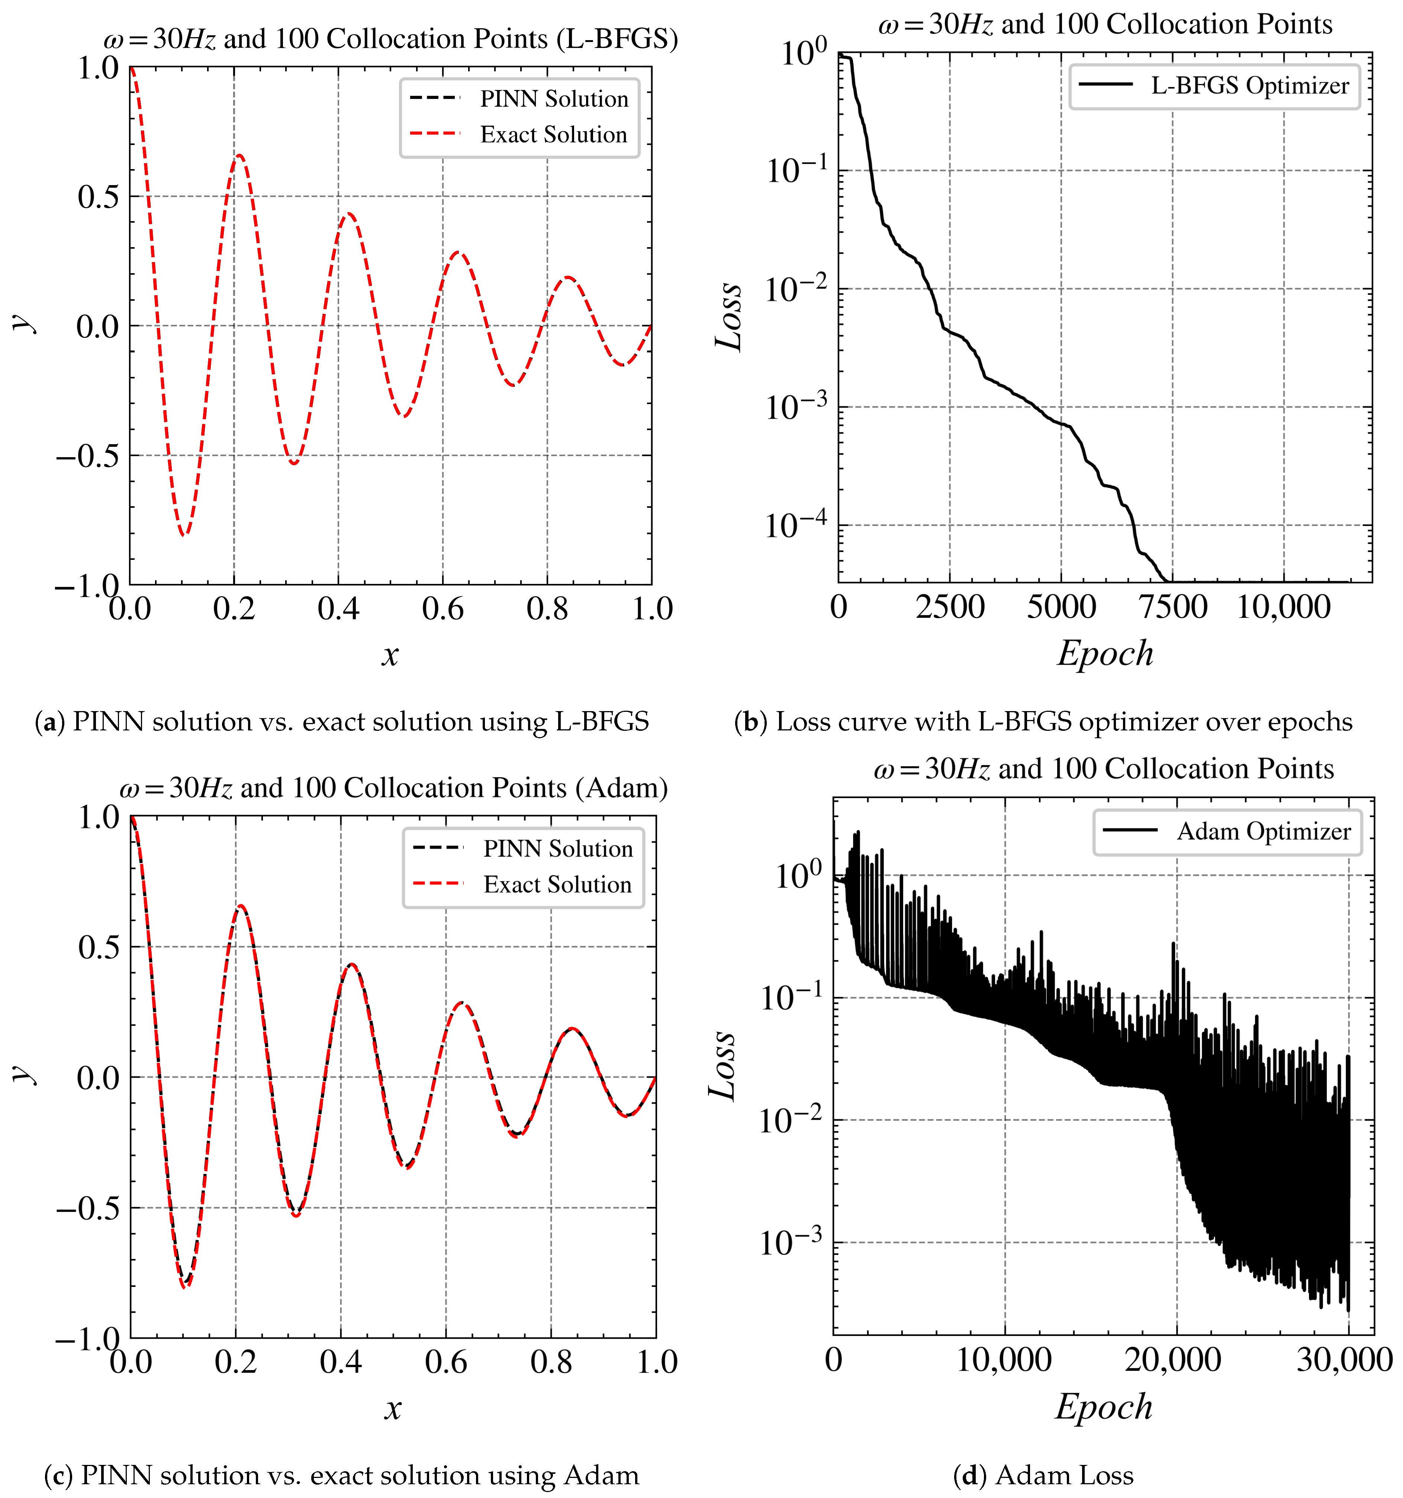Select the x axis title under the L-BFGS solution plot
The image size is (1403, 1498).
click(390, 655)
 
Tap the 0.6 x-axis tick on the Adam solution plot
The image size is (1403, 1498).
click(445, 1361)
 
